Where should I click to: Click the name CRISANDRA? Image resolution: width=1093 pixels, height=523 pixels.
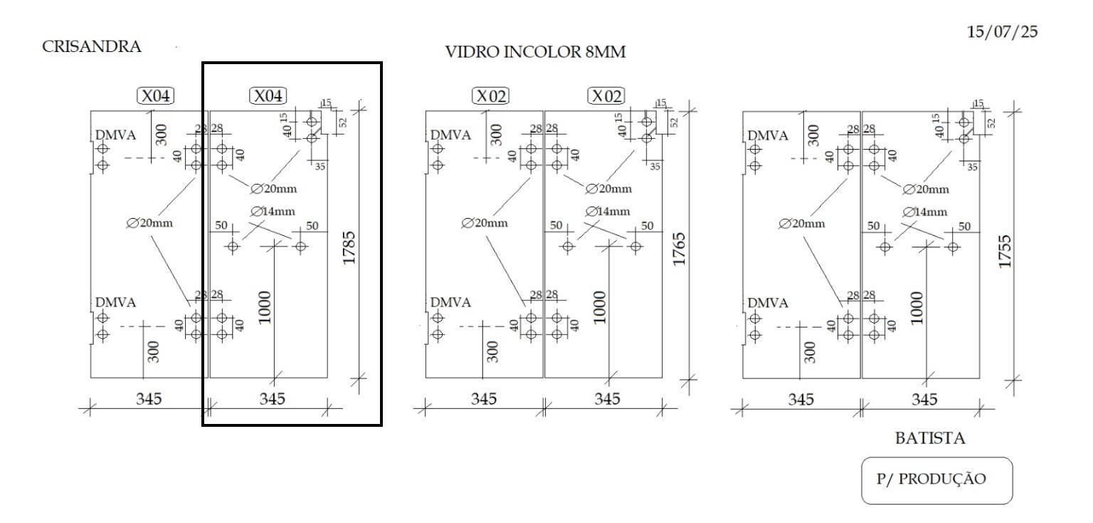point(91,46)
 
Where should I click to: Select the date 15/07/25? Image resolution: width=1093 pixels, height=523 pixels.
point(1002,32)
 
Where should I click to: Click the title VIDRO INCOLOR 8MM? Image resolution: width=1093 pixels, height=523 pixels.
point(535,52)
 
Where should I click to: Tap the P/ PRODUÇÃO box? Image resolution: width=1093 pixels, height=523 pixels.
point(937,480)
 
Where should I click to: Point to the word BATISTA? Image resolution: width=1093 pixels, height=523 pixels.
point(930,438)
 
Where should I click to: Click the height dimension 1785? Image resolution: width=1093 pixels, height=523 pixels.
point(349,248)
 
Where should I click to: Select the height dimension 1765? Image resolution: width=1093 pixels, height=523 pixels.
point(680,249)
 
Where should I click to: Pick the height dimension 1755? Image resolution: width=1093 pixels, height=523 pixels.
point(1005,252)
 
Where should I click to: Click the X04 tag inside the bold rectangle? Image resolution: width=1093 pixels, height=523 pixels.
point(268,95)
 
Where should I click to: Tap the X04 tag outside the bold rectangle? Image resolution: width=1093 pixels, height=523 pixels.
point(156,95)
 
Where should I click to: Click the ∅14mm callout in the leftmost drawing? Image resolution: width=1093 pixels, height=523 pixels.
point(273,211)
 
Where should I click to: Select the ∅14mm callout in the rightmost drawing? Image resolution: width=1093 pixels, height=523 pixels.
point(924,212)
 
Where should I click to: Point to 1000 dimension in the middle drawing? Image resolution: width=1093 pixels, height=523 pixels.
point(600,307)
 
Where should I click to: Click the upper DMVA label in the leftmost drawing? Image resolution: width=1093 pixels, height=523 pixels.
point(116,135)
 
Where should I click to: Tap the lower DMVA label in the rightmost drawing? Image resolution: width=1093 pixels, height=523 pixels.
point(768,303)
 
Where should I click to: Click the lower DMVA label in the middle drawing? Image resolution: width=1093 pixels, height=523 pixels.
point(450,303)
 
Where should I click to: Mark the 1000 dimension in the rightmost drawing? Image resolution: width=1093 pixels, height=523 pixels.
point(917,308)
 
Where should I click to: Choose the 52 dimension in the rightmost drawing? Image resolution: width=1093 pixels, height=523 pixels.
point(991,123)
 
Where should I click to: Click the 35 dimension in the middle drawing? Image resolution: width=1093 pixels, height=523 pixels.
point(655,167)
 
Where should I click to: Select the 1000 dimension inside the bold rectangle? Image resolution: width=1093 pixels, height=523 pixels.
point(264,307)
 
